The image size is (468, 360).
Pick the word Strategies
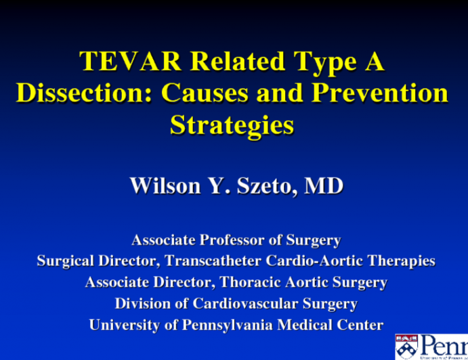click(x=232, y=125)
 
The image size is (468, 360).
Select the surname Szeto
click(x=262, y=185)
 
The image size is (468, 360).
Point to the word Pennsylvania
click(x=226, y=325)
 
